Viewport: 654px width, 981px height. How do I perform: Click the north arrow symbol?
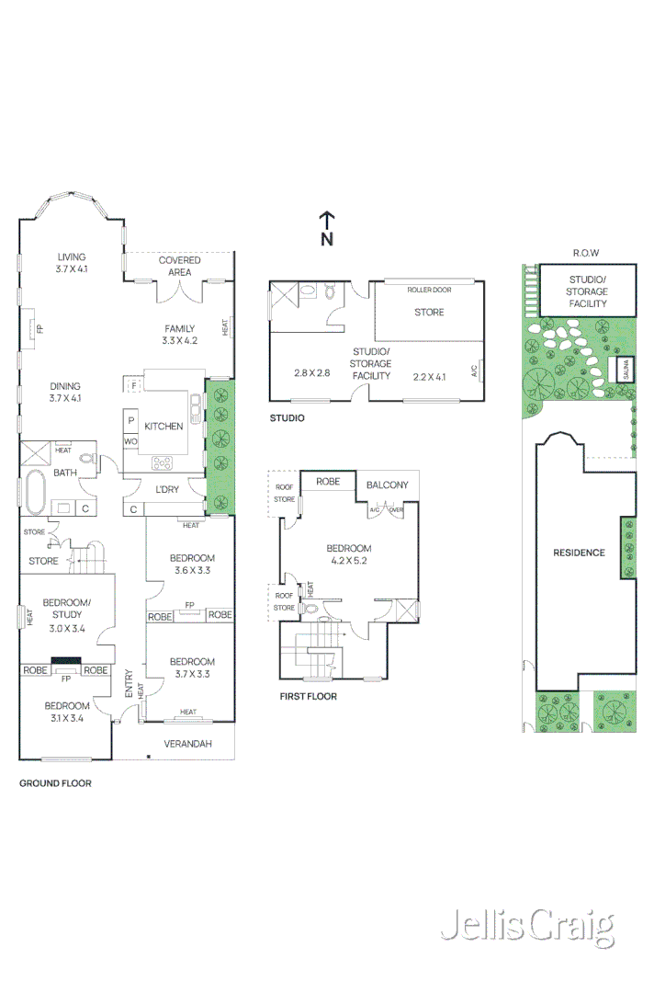tap(326, 229)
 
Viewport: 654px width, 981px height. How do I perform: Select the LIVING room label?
tap(71, 257)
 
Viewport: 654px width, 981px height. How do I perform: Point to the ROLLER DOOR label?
tap(429, 290)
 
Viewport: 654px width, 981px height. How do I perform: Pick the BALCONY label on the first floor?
tap(387, 485)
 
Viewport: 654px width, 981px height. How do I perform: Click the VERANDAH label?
tap(187, 743)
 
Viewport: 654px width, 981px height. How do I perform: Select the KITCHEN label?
tap(163, 427)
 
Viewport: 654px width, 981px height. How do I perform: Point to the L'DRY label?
tap(166, 488)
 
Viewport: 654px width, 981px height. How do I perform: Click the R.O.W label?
tap(586, 253)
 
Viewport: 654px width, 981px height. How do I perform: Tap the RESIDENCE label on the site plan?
tap(578, 553)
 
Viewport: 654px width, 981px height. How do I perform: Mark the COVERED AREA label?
tap(179, 266)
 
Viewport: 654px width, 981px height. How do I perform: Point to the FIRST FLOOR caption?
tap(308, 697)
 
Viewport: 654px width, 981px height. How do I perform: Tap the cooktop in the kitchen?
tap(163, 462)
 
